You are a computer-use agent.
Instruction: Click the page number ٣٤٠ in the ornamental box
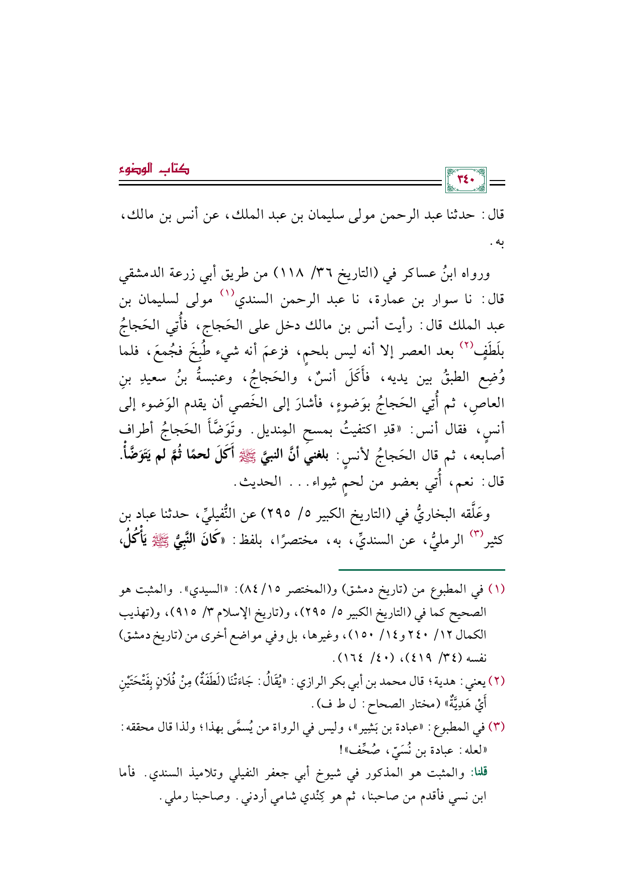click(x=465, y=180)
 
